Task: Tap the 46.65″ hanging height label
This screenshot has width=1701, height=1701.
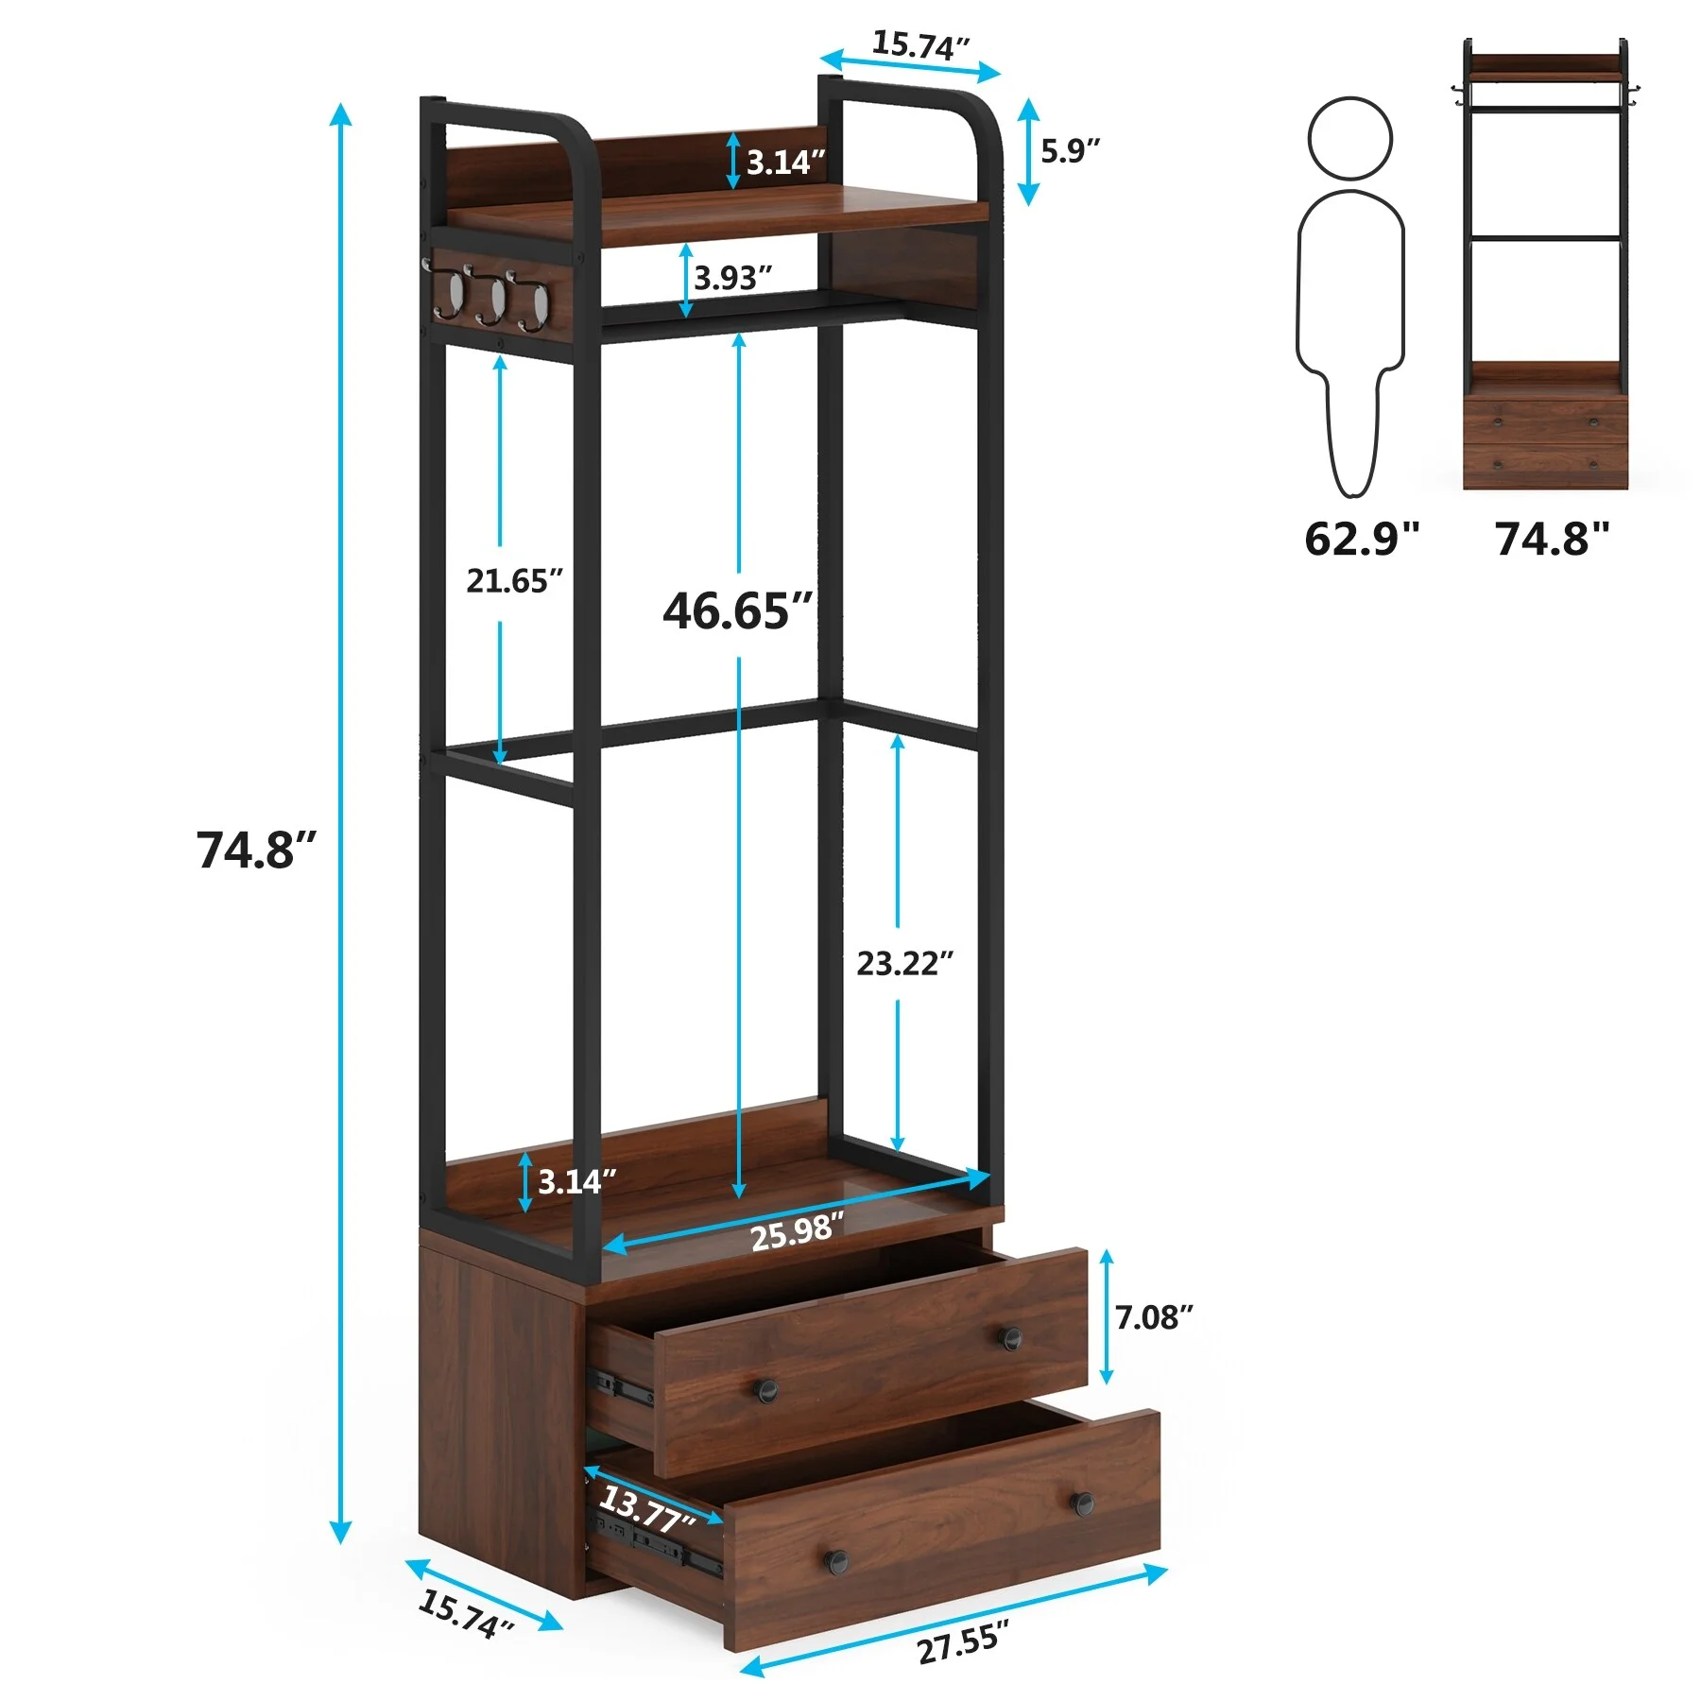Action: [x=737, y=610]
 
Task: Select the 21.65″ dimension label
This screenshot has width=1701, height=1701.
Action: [x=514, y=580]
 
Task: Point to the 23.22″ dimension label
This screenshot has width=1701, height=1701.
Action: [x=904, y=963]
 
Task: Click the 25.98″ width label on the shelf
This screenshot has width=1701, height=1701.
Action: [x=797, y=1232]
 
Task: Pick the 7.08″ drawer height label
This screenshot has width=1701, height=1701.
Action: [x=1153, y=1316]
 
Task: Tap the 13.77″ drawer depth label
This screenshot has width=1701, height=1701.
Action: [x=647, y=1506]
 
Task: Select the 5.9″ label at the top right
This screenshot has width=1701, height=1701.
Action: [x=1070, y=150]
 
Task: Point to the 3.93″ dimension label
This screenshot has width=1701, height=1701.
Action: [x=732, y=278]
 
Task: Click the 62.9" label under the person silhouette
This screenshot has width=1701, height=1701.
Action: [x=1362, y=539]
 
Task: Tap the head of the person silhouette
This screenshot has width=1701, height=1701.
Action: [x=1349, y=138]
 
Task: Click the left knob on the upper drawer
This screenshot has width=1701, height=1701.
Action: [x=765, y=1389]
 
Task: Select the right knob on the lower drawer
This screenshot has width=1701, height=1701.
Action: [x=1083, y=1502]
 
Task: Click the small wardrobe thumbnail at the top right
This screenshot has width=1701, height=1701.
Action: [x=1545, y=265]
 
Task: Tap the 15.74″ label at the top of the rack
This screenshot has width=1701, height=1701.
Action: [x=919, y=44]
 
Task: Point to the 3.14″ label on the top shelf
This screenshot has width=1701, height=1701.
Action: [x=785, y=163]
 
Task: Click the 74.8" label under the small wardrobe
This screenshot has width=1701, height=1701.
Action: [x=1552, y=539]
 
